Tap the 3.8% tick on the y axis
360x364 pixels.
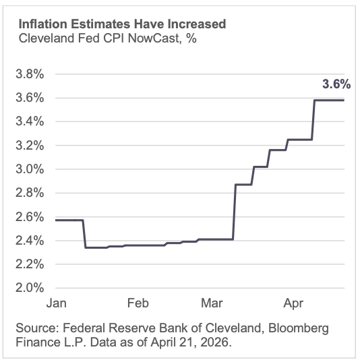coord(30,74)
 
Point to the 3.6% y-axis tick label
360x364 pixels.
coord(30,98)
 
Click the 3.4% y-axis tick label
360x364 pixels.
coord(30,121)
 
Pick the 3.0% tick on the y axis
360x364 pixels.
coord(30,169)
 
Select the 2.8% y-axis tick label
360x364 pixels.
coord(30,193)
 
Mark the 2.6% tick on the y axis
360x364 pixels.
coord(30,216)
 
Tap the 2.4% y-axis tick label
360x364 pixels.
coord(30,240)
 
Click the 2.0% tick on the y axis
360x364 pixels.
coord(30,288)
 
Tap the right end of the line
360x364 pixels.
coord(344,100)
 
